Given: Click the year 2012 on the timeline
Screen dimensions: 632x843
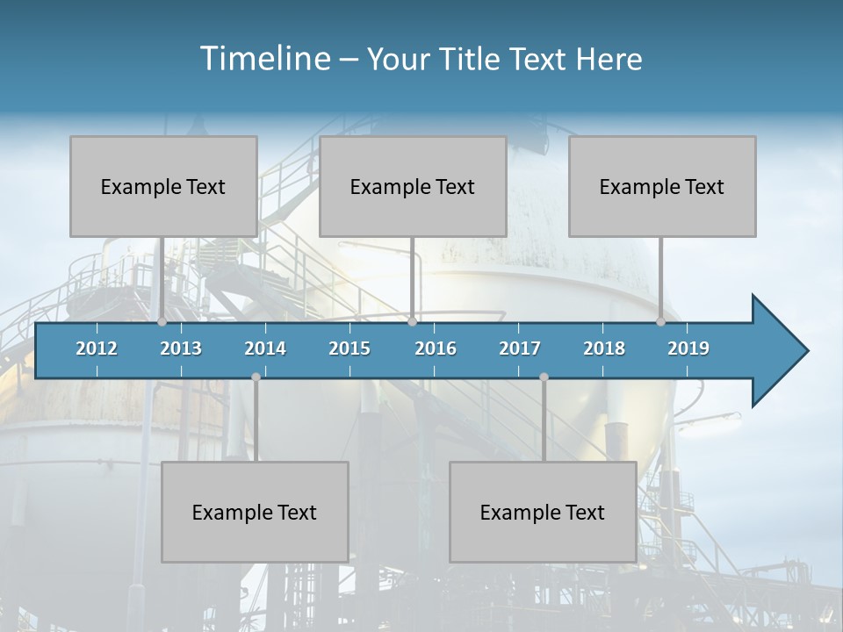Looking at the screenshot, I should pos(97,348).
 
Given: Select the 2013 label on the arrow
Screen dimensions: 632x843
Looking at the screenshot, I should pos(181,348).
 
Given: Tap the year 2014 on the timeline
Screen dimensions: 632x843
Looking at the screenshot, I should pos(265,348).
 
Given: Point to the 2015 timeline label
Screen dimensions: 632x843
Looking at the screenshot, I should pos(349,348).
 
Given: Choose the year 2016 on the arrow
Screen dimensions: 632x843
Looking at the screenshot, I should pos(436,348).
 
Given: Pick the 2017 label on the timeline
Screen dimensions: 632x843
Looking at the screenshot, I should pos(520,348).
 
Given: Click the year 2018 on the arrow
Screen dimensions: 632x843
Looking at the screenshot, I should pos(604,348).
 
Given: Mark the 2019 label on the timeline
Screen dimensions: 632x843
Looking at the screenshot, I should pos(688,348).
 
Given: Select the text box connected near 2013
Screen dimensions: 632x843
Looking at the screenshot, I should pos(163,186).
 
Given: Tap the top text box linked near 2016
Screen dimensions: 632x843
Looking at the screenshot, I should pos(413,186).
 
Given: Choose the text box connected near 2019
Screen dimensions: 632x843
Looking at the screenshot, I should pos(662,186).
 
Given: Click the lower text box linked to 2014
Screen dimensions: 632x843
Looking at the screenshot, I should pos(255,512).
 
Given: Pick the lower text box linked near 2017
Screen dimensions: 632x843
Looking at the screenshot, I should pos(543,512).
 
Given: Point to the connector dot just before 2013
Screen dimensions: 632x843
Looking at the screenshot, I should pos(162,322).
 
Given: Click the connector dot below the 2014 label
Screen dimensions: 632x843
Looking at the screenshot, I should pos(256,377).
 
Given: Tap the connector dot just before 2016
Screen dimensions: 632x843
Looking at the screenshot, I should pos(412,322).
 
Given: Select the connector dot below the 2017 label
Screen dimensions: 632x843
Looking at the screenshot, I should pos(544,377).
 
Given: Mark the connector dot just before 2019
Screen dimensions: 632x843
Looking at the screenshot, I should pos(660,322).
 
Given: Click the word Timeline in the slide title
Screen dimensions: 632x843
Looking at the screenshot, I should pos(263,58).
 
